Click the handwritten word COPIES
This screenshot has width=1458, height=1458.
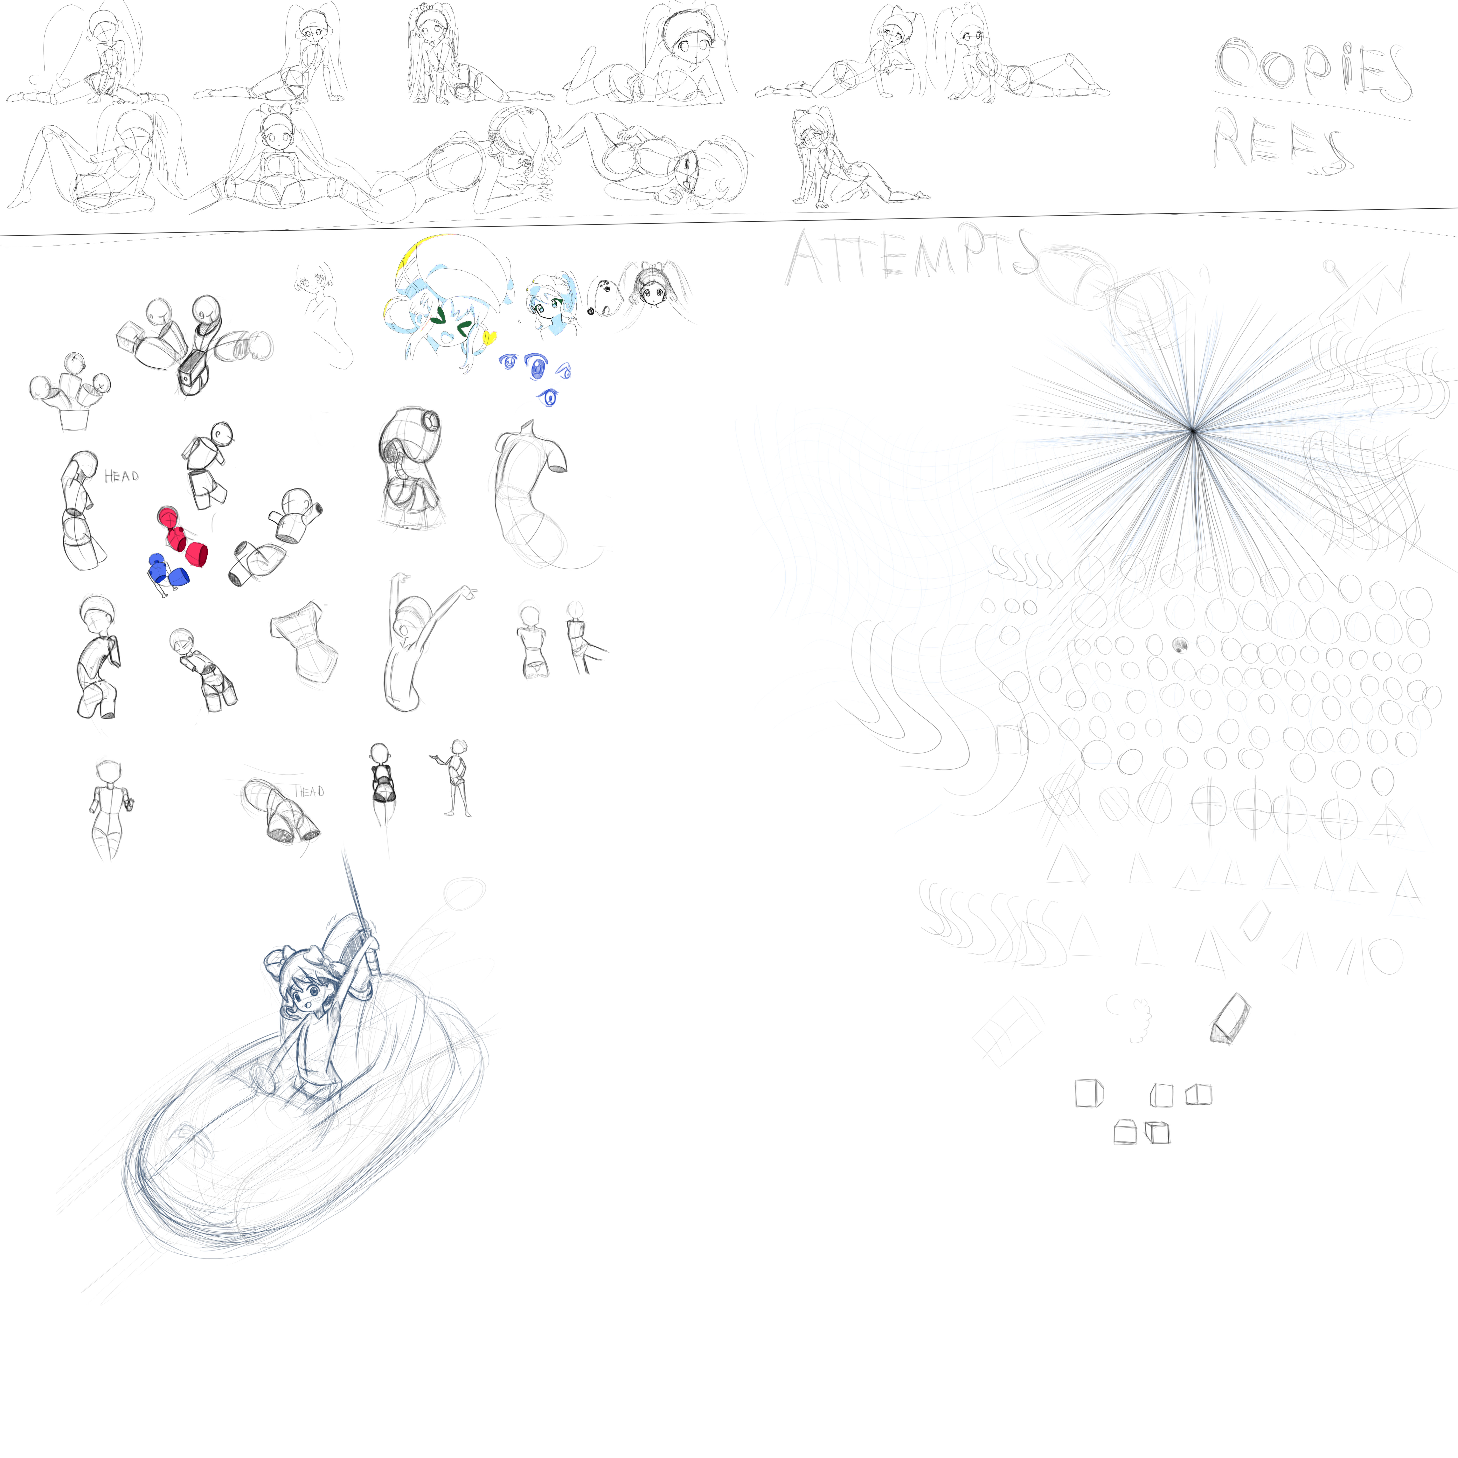point(1313,72)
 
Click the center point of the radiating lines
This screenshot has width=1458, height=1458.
point(1192,431)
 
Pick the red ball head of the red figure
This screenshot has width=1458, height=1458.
point(168,518)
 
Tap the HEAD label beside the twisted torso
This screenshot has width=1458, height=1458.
point(121,476)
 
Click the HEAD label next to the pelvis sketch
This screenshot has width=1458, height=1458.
point(309,792)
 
